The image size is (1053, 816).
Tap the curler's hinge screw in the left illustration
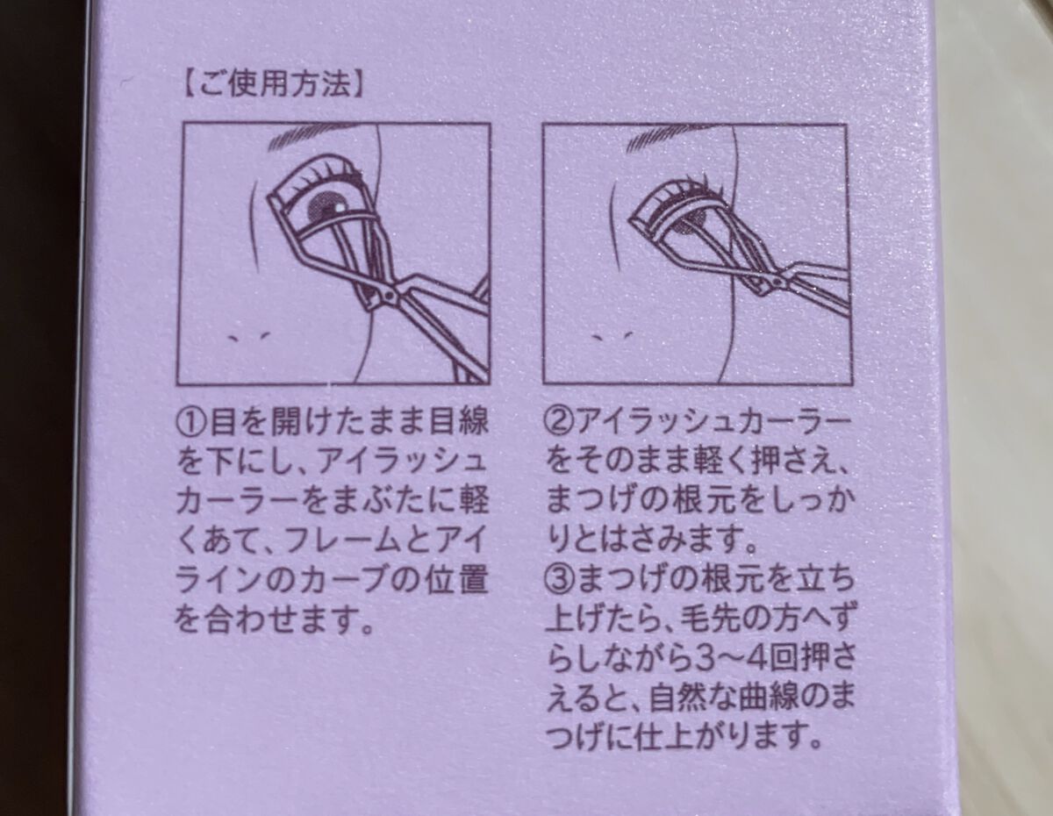click(x=388, y=294)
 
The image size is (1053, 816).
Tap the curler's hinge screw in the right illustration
click(x=780, y=280)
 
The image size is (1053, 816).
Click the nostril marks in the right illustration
click(x=612, y=336)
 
